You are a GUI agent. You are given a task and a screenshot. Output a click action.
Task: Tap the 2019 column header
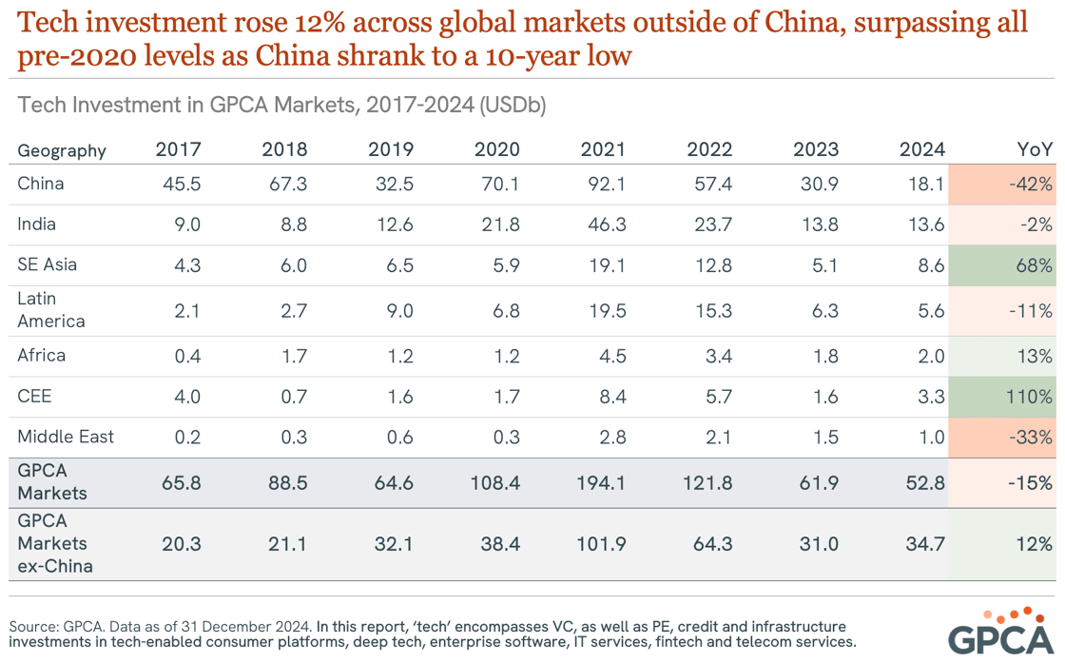391,149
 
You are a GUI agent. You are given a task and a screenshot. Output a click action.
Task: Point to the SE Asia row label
48,264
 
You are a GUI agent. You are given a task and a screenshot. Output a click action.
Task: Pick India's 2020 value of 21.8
497,224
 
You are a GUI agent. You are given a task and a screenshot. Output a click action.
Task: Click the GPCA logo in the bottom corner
1001,631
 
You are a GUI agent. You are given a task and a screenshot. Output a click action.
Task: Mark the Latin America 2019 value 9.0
398,310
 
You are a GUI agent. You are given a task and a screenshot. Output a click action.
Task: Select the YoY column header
1034,149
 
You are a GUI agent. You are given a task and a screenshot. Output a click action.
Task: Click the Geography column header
62,150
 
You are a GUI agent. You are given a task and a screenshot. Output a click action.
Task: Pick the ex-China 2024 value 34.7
922,544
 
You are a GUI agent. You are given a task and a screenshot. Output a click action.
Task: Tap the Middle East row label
66,438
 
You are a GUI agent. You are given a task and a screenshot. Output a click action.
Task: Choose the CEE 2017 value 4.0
185,397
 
